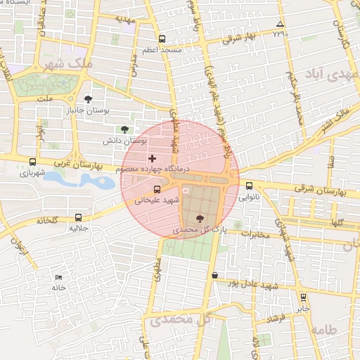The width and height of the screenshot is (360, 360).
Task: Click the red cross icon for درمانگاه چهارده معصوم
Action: click(x=152, y=158)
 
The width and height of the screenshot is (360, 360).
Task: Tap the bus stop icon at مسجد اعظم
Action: click(x=162, y=39)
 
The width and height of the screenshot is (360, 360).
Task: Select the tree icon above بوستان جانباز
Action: click(x=88, y=99)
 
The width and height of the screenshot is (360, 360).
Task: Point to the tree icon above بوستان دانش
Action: click(x=124, y=129)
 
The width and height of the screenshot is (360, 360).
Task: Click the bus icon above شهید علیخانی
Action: click(x=157, y=188)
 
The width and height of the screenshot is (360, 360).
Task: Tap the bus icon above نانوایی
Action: click(x=250, y=186)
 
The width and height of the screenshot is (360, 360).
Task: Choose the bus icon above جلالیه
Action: click(x=77, y=217)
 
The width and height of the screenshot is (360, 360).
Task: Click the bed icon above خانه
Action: click(x=58, y=277)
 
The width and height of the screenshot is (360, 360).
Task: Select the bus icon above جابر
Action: click(x=303, y=297)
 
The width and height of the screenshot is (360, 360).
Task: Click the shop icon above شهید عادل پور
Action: click(x=214, y=275)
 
